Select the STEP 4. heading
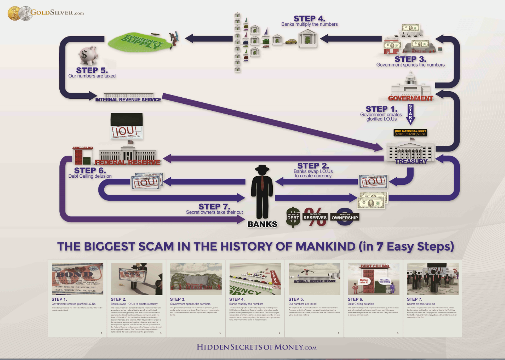click(x=309, y=18)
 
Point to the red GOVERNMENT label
click(x=411, y=98)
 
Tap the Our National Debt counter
click(x=411, y=133)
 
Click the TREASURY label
click(x=411, y=161)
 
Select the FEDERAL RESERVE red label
click(x=128, y=162)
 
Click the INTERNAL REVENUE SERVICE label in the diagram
click(x=128, y=99)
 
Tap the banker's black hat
click(x=262, y=169)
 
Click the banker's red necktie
click(x=262, y=183)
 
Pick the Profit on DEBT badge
click(x=293, y=217)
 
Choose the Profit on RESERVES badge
click(x=315, y=217)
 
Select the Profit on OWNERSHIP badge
click(x=345, y=217)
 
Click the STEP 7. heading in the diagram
click(x=214, y=207)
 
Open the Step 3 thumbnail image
click(x=196, y=279)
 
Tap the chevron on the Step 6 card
click(x=398, y=333)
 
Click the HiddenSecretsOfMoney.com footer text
click(x=256, y=347)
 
